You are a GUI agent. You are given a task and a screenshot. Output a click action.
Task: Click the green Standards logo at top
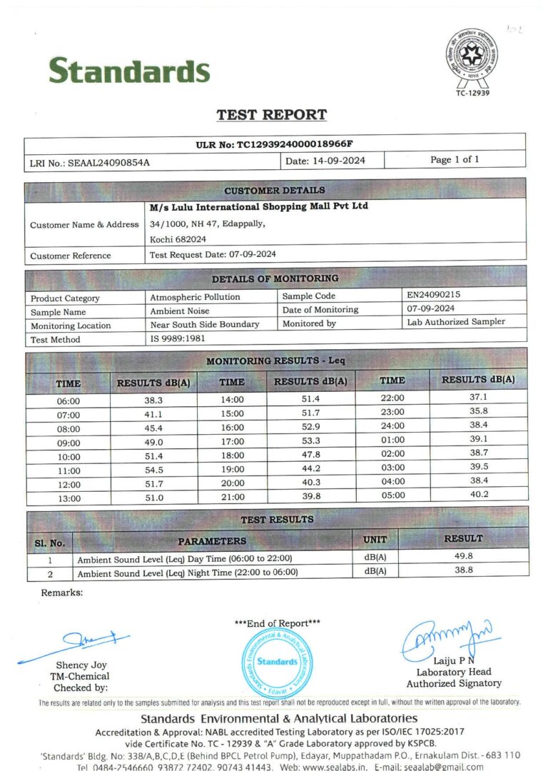129,71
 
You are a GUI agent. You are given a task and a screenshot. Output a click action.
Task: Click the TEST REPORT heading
272,115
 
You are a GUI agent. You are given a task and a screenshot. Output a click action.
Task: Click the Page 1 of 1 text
455,160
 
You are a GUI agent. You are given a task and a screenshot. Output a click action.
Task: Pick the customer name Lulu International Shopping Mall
259,207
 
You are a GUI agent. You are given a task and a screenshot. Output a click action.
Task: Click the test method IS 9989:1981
175,339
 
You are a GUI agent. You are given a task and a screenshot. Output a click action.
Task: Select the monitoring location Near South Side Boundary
205,324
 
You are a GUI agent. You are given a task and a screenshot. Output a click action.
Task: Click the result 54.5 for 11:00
154,470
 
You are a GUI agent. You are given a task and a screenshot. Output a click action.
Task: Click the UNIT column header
375,540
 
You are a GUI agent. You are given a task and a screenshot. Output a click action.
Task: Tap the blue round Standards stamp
277,661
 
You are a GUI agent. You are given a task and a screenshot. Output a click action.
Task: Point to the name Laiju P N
452,660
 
